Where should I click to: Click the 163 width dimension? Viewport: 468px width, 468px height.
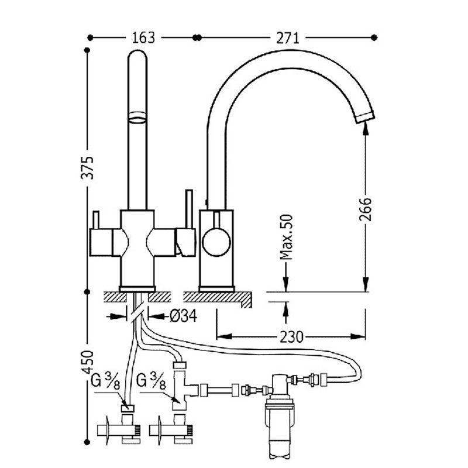pos(143,38)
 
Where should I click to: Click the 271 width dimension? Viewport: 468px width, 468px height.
pos(287,38)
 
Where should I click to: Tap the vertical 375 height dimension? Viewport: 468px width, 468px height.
pos(87,167)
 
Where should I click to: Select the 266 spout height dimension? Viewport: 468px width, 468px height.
pos(365,209)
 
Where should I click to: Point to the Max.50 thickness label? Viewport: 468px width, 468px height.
pos(286,238)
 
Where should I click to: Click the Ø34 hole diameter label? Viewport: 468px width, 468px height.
pos(183,316)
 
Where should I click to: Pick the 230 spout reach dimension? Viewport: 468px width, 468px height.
pos(291,337)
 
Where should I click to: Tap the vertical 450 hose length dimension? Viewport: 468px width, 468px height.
pos(87,362)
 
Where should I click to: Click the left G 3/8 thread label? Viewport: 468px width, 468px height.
pos(105,381)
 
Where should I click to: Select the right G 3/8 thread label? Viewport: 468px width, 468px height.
pos(151,381)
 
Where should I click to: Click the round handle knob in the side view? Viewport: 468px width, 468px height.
pos(216,242)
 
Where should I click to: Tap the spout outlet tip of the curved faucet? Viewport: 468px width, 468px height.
pos(364,116)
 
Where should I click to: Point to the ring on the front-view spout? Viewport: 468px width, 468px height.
pos(137,118)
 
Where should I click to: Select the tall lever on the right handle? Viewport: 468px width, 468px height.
pos(189,209)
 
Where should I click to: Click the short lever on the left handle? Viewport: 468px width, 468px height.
pos(96,220)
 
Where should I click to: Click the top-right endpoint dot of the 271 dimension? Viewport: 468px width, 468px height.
pos(374,37)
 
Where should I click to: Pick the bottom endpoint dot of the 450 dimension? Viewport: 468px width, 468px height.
pos(87,442)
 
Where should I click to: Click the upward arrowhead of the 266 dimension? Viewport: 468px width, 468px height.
pos(365,128)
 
